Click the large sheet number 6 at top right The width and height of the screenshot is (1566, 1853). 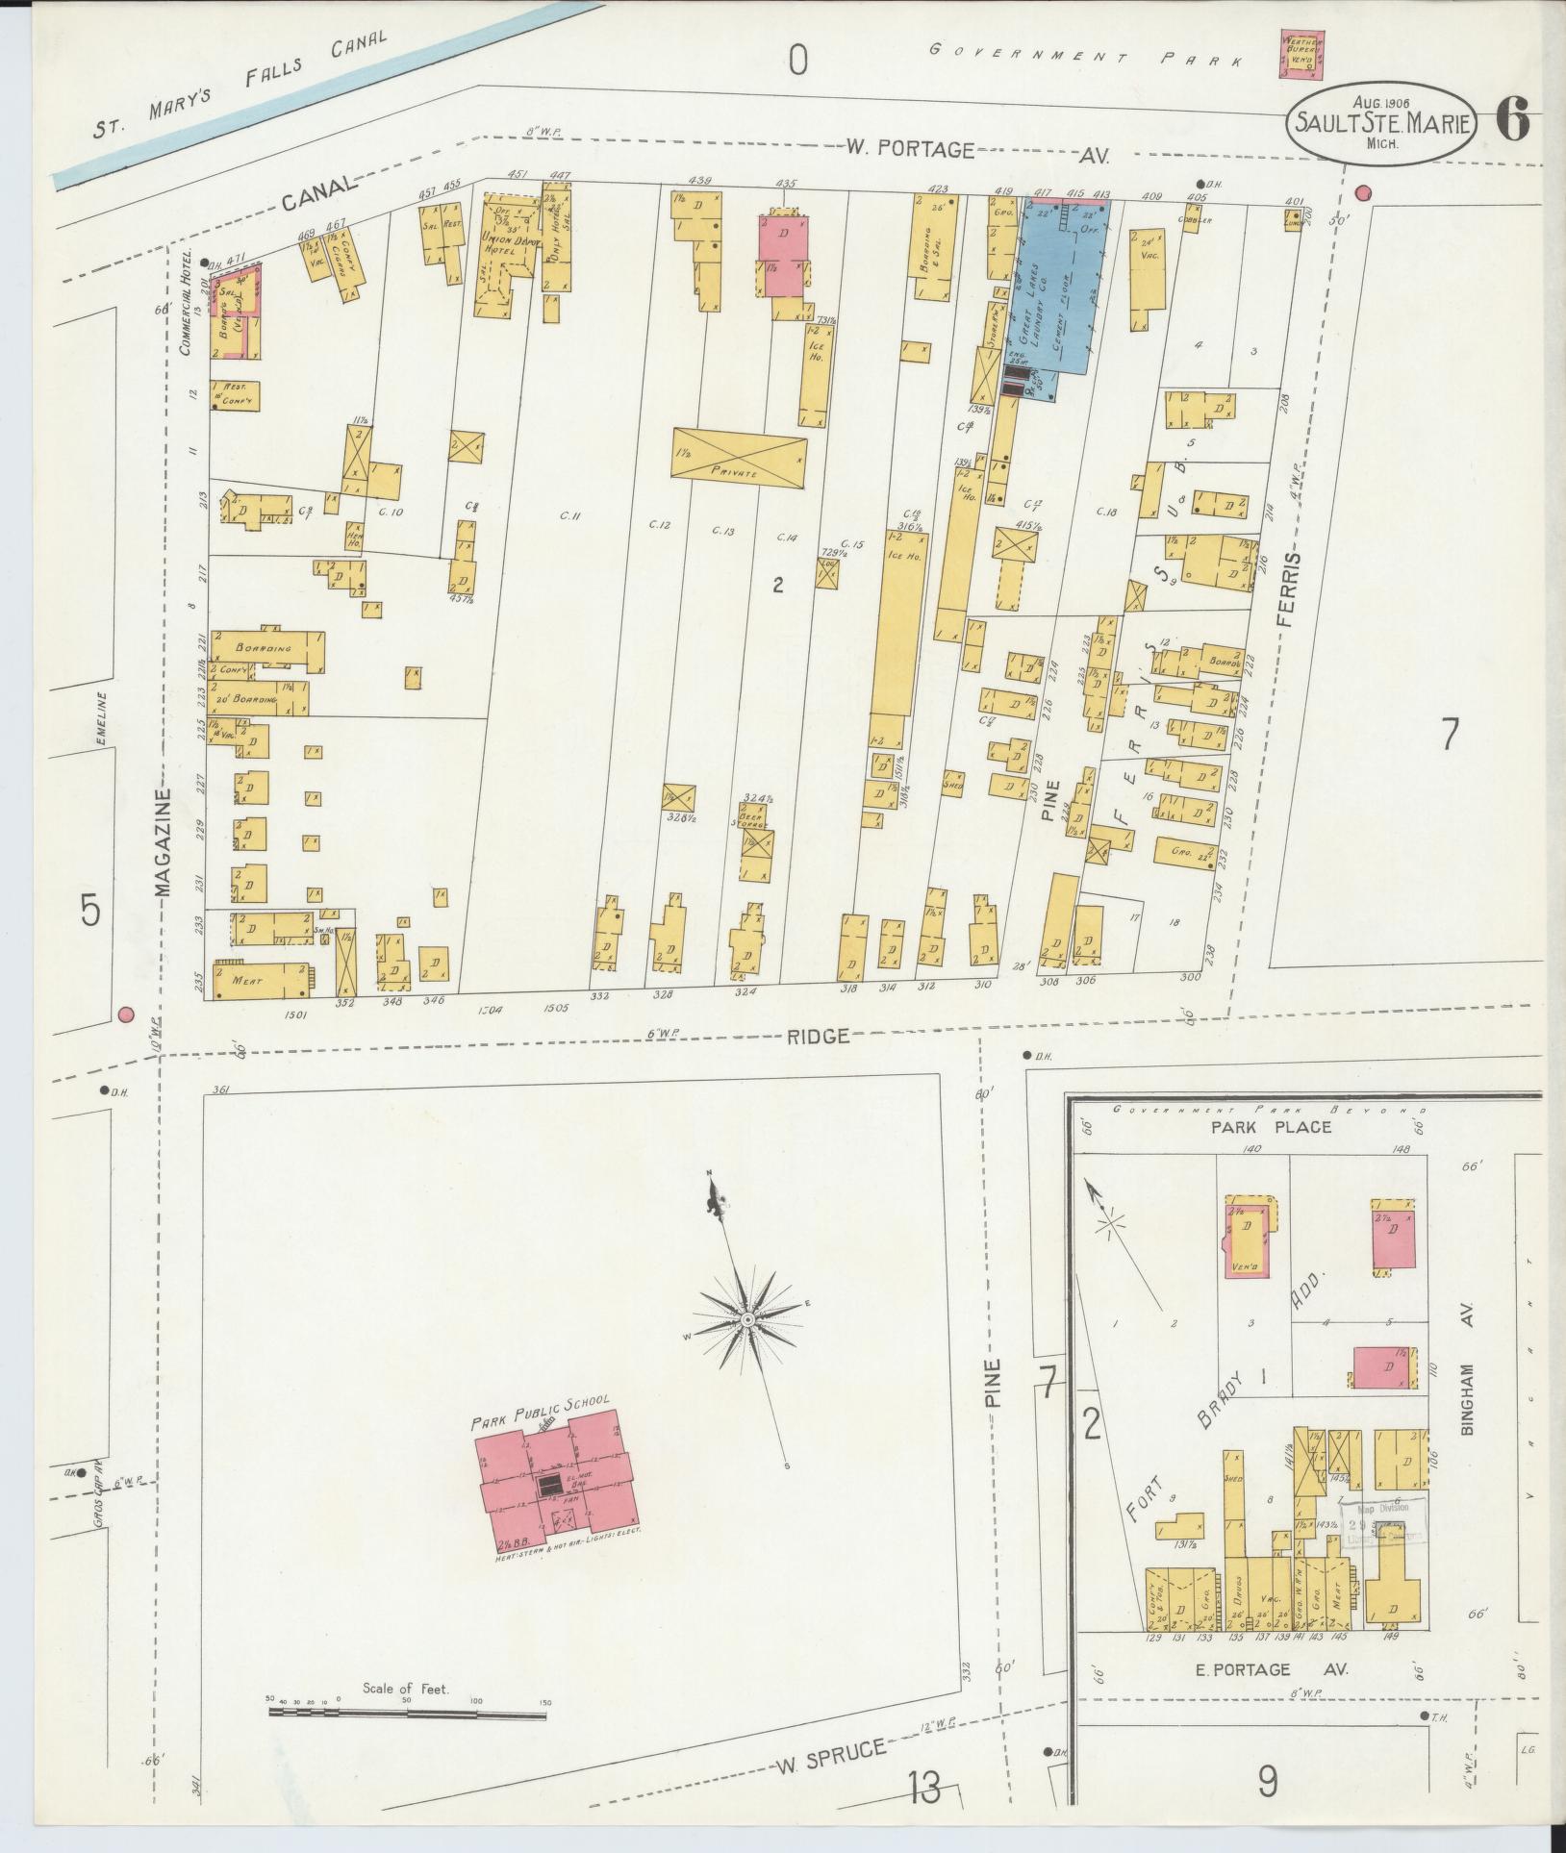[1513, 122]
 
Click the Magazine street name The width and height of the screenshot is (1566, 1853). [164, 842]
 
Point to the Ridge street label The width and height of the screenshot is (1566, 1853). [819, 1037]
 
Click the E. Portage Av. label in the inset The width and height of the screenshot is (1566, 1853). [1292, 1669]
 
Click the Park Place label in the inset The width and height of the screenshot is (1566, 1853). [1271, 1126]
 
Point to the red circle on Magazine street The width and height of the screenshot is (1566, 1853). [124, 1014]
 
